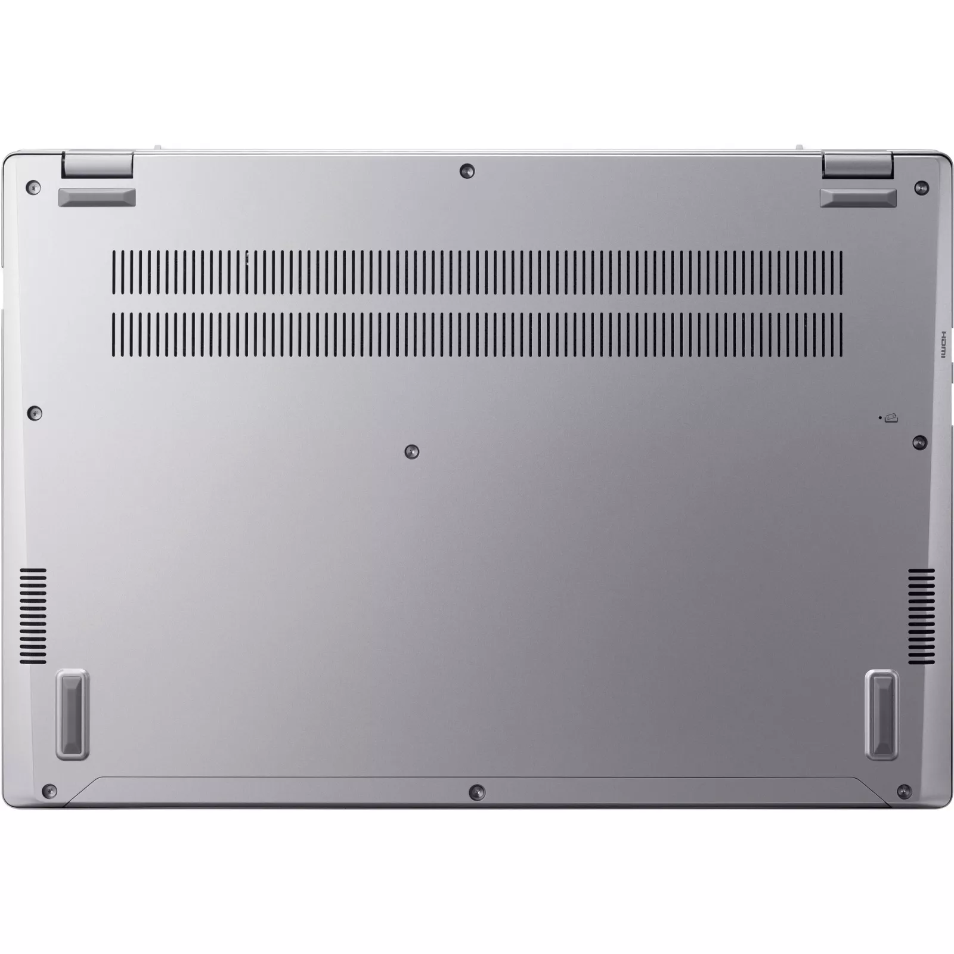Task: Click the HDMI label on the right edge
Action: (944, 344)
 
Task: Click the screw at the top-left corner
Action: (33, 188)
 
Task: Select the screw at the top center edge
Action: (467, 171)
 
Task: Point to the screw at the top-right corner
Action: (921, 187)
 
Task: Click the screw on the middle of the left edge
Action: (36, 412)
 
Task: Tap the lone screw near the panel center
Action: (411, 451)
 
